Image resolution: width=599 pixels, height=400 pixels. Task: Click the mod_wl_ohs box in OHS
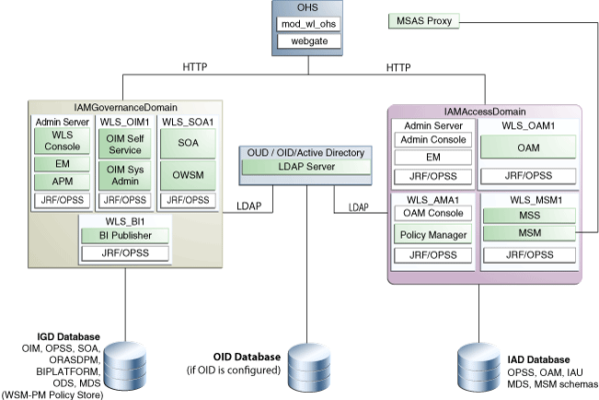(308, 24)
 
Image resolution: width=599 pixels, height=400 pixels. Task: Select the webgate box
(308, 41)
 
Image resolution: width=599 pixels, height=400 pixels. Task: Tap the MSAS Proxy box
(423, 21)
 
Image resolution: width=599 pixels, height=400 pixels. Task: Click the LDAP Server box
(306, 167)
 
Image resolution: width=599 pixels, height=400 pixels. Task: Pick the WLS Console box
(63, 141)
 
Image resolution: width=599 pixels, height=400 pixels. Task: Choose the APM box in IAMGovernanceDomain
(63, 182)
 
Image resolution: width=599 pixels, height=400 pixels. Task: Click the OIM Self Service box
(125, 144)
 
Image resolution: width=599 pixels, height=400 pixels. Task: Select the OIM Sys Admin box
(125, 175)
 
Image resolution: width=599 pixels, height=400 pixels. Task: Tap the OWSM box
(188, 175)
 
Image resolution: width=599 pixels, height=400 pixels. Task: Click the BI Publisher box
(125, 235)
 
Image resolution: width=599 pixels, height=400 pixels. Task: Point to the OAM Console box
(432, 213)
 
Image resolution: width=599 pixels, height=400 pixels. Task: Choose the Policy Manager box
(432, 234)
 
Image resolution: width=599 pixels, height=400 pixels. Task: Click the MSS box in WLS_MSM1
(529, 216)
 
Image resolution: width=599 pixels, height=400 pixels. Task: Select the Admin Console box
(432, 140)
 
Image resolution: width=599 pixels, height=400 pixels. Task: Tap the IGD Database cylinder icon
(125, 366)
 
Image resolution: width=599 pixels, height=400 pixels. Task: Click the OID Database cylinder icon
(309, 368)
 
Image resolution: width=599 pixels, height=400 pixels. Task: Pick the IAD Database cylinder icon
(479, 368)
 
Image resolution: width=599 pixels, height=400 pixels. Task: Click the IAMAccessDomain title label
(485, 112)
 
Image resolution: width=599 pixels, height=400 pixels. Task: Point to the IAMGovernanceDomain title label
(125, 108)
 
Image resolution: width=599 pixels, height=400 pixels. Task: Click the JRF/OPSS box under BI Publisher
(125, 253)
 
